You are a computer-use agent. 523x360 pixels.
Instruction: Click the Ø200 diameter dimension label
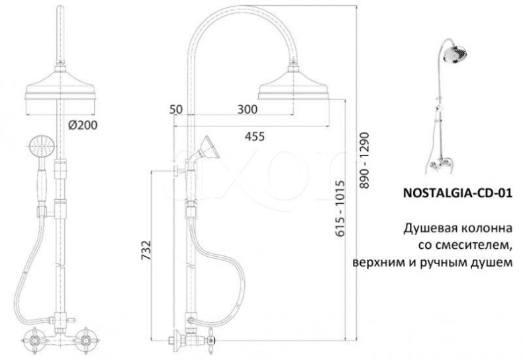click(x=83, y=125)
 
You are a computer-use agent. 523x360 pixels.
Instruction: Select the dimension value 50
click(x=176, y=109)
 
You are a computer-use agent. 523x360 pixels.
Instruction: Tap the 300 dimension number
click(x=247, y=109)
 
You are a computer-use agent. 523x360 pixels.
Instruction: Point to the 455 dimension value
click(x=254, y=136)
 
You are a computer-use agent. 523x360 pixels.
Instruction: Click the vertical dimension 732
click(x=146, y=250)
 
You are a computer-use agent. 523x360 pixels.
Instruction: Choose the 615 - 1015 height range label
click(x=340, y=208)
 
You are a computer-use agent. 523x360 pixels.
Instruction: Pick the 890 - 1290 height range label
click(x=365, y=161)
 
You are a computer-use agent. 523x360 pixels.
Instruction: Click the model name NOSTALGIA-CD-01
click(x=457, y=193)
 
